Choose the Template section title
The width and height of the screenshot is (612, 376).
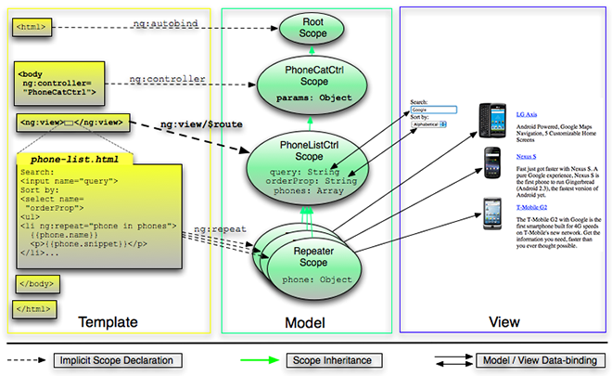coord(108,322)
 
